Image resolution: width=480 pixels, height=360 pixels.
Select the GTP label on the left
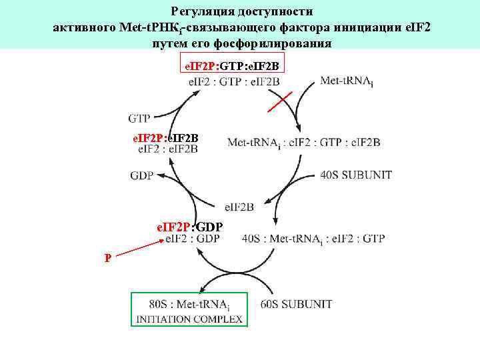(139, 119)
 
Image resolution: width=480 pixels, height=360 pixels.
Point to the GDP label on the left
(141, 176)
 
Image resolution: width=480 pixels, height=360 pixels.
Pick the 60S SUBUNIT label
(296, 305)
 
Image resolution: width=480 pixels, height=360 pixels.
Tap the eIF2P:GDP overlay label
(189, 227)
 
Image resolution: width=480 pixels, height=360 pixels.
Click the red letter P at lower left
(107, 258)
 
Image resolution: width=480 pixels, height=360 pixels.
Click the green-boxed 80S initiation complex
(189, 310)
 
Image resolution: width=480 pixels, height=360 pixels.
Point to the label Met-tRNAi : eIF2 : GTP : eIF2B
(303, 142)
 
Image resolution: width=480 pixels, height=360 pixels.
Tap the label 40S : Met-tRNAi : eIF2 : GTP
(313, 239)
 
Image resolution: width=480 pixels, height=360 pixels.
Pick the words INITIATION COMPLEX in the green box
(189, 319)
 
